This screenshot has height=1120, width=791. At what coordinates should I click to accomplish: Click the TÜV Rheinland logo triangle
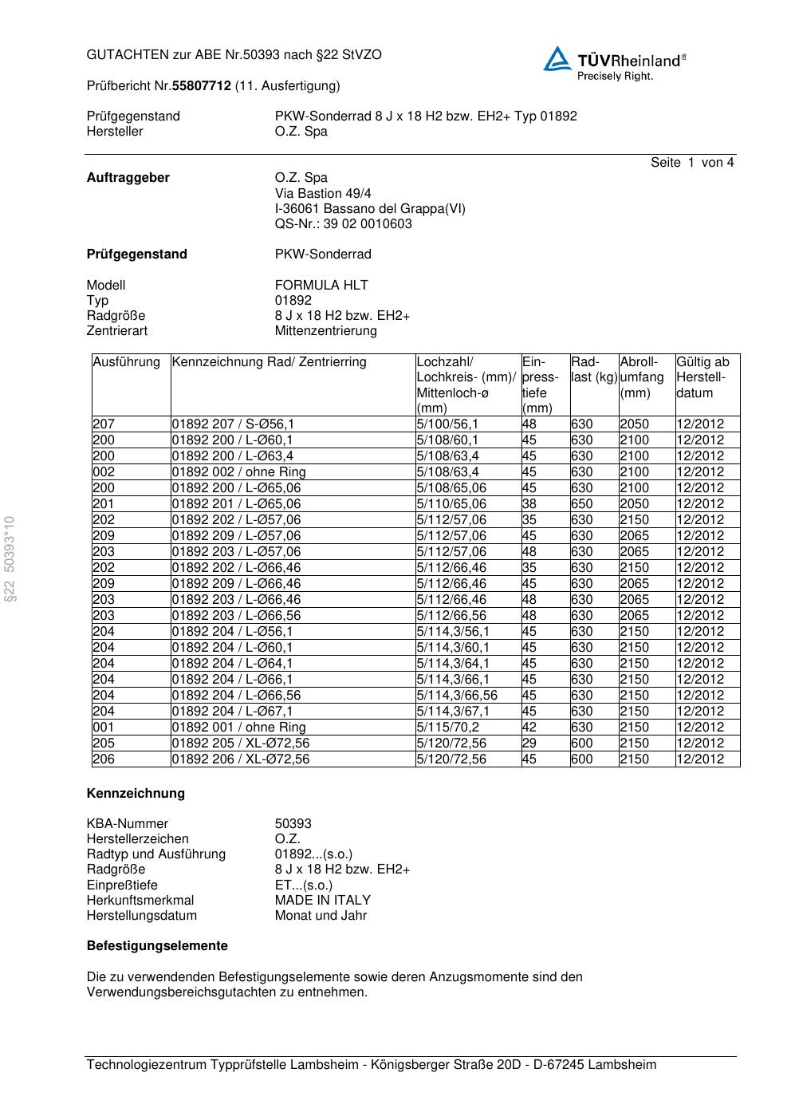coord(557,59)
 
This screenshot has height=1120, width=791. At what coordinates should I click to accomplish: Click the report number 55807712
coord(202,85)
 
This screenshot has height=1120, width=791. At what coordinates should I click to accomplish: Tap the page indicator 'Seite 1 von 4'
coord(691,163)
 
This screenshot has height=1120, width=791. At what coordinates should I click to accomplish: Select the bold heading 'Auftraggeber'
coord(128,178)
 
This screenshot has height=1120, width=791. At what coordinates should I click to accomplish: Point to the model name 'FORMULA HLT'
coord(321,285)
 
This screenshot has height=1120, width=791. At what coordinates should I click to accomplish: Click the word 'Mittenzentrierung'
coord(325,330)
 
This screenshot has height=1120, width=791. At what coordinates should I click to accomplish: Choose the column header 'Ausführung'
coord(126,362)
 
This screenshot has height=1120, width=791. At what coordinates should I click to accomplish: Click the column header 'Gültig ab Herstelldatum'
coord(702,377)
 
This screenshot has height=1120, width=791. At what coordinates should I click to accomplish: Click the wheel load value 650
coord(581,504)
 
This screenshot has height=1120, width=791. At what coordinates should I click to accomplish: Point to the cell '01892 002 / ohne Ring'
coord(238,472)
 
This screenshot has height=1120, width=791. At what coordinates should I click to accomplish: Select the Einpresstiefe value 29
coord(529,743)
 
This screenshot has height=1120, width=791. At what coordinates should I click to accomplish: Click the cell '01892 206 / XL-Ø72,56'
coord(240,759)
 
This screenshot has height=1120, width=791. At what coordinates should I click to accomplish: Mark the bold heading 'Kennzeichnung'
coord(136,793)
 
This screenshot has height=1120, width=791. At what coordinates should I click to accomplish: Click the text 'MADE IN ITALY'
coord(322,900)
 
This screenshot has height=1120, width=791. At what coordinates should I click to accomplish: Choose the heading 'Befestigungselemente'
coord(157,945)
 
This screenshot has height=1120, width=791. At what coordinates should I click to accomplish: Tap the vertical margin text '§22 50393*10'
coord(10,559)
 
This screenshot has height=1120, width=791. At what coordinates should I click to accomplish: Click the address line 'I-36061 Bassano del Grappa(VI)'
coord(370,208)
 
